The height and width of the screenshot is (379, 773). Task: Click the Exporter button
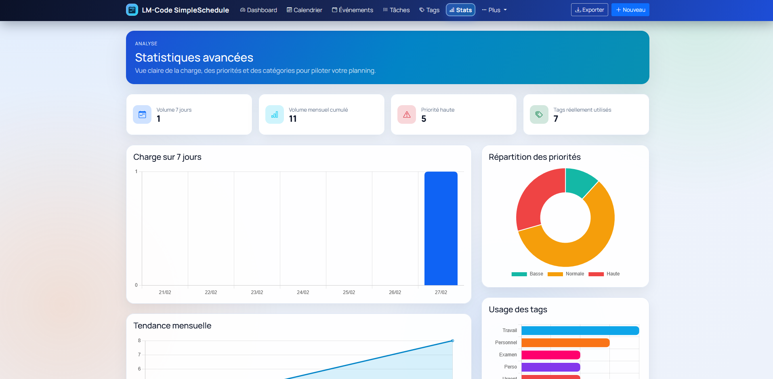[x=589, y=10]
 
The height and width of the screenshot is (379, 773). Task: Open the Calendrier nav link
[x=305, y=10]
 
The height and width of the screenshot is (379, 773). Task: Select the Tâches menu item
[x=396, y=10]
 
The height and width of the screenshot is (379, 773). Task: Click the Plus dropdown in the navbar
[x=494, y=10]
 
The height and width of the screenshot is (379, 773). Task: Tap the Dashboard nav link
[x=258, y=10]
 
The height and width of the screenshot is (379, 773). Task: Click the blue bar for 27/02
[x=441, y=228]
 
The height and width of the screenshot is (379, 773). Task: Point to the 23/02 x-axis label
[x=257, y=292]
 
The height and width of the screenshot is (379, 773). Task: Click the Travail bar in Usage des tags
[x=580, y=330]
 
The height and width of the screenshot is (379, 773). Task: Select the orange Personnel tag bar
[x=565, y=343]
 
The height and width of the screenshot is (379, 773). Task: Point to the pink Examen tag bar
[x=550, y=355]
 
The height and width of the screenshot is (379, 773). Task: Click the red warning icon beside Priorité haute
[x=407, y=114]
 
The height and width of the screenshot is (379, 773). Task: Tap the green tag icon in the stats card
[x=539, y=114]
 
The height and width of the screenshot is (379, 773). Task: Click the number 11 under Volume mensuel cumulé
[x=293, y=119]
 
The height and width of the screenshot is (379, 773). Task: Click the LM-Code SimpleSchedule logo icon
[x=132, y=10]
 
